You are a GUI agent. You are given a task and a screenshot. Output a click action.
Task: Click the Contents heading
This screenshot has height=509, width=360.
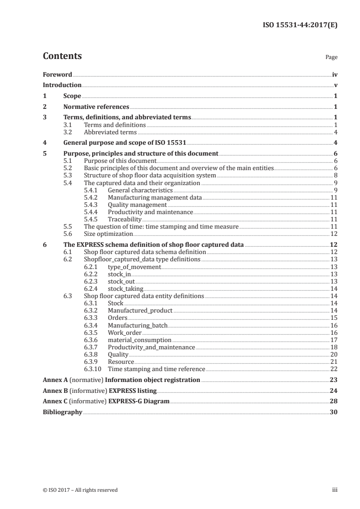click(x=62, y=56)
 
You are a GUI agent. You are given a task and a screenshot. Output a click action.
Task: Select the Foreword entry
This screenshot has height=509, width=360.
click(x=57, y=74)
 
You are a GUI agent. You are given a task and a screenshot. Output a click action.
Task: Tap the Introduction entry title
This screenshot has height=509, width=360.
click(x=62, y=85)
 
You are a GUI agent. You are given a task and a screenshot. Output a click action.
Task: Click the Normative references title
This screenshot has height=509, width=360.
click(x=96, y=107)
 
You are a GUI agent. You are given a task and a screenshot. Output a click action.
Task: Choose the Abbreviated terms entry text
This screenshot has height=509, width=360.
click(x=110, y=132)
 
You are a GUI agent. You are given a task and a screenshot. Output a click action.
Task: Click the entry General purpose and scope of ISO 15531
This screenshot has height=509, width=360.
click(x=125, y=143)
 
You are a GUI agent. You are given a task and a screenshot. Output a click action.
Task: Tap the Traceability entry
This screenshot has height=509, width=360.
click(x=125, y=219)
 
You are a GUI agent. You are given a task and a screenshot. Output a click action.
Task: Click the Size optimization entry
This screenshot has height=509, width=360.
click(x=108, y=234)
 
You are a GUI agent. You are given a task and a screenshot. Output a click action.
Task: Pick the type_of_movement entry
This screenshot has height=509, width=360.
click(x=134, y=267)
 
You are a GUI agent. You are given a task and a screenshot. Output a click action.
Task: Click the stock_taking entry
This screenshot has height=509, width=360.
click(x=126, y=288)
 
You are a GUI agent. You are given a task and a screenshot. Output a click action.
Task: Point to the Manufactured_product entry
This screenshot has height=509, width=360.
click(x=140, y=310)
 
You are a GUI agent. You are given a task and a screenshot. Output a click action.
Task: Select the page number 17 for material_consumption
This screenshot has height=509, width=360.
click(x=334, y=339)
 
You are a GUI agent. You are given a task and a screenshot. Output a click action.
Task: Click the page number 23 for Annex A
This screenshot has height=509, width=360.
click(x=334, y=380)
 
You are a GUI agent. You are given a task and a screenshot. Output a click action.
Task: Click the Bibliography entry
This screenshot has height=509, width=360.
click(x=62, y=412)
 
